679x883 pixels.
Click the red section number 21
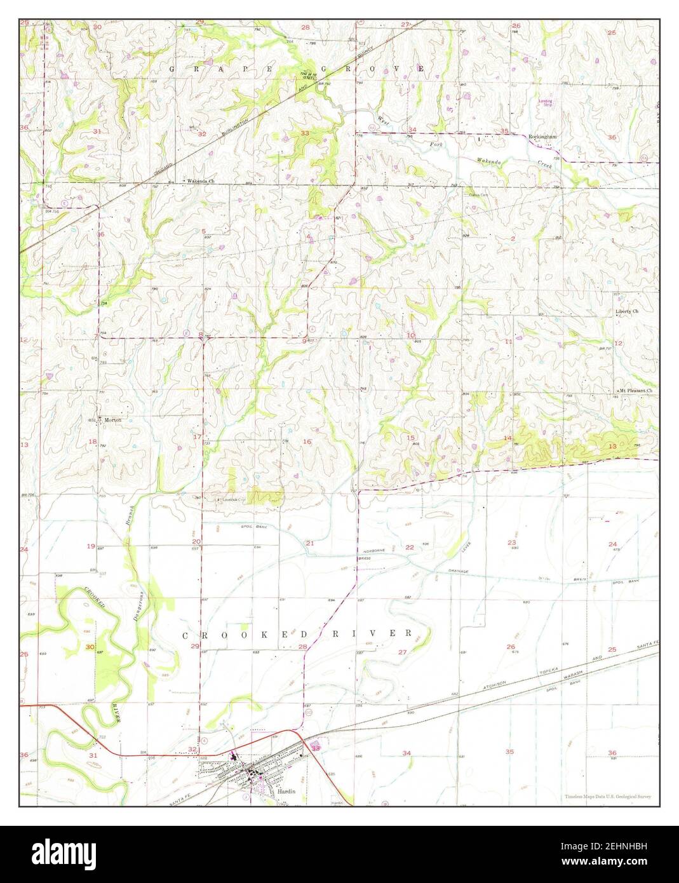tap(310, 543)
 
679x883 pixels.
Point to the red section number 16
tap(307, 441)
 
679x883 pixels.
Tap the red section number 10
tap(411, 335)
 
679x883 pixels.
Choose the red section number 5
tap(204, 231)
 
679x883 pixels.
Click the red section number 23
tap(511, 542)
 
